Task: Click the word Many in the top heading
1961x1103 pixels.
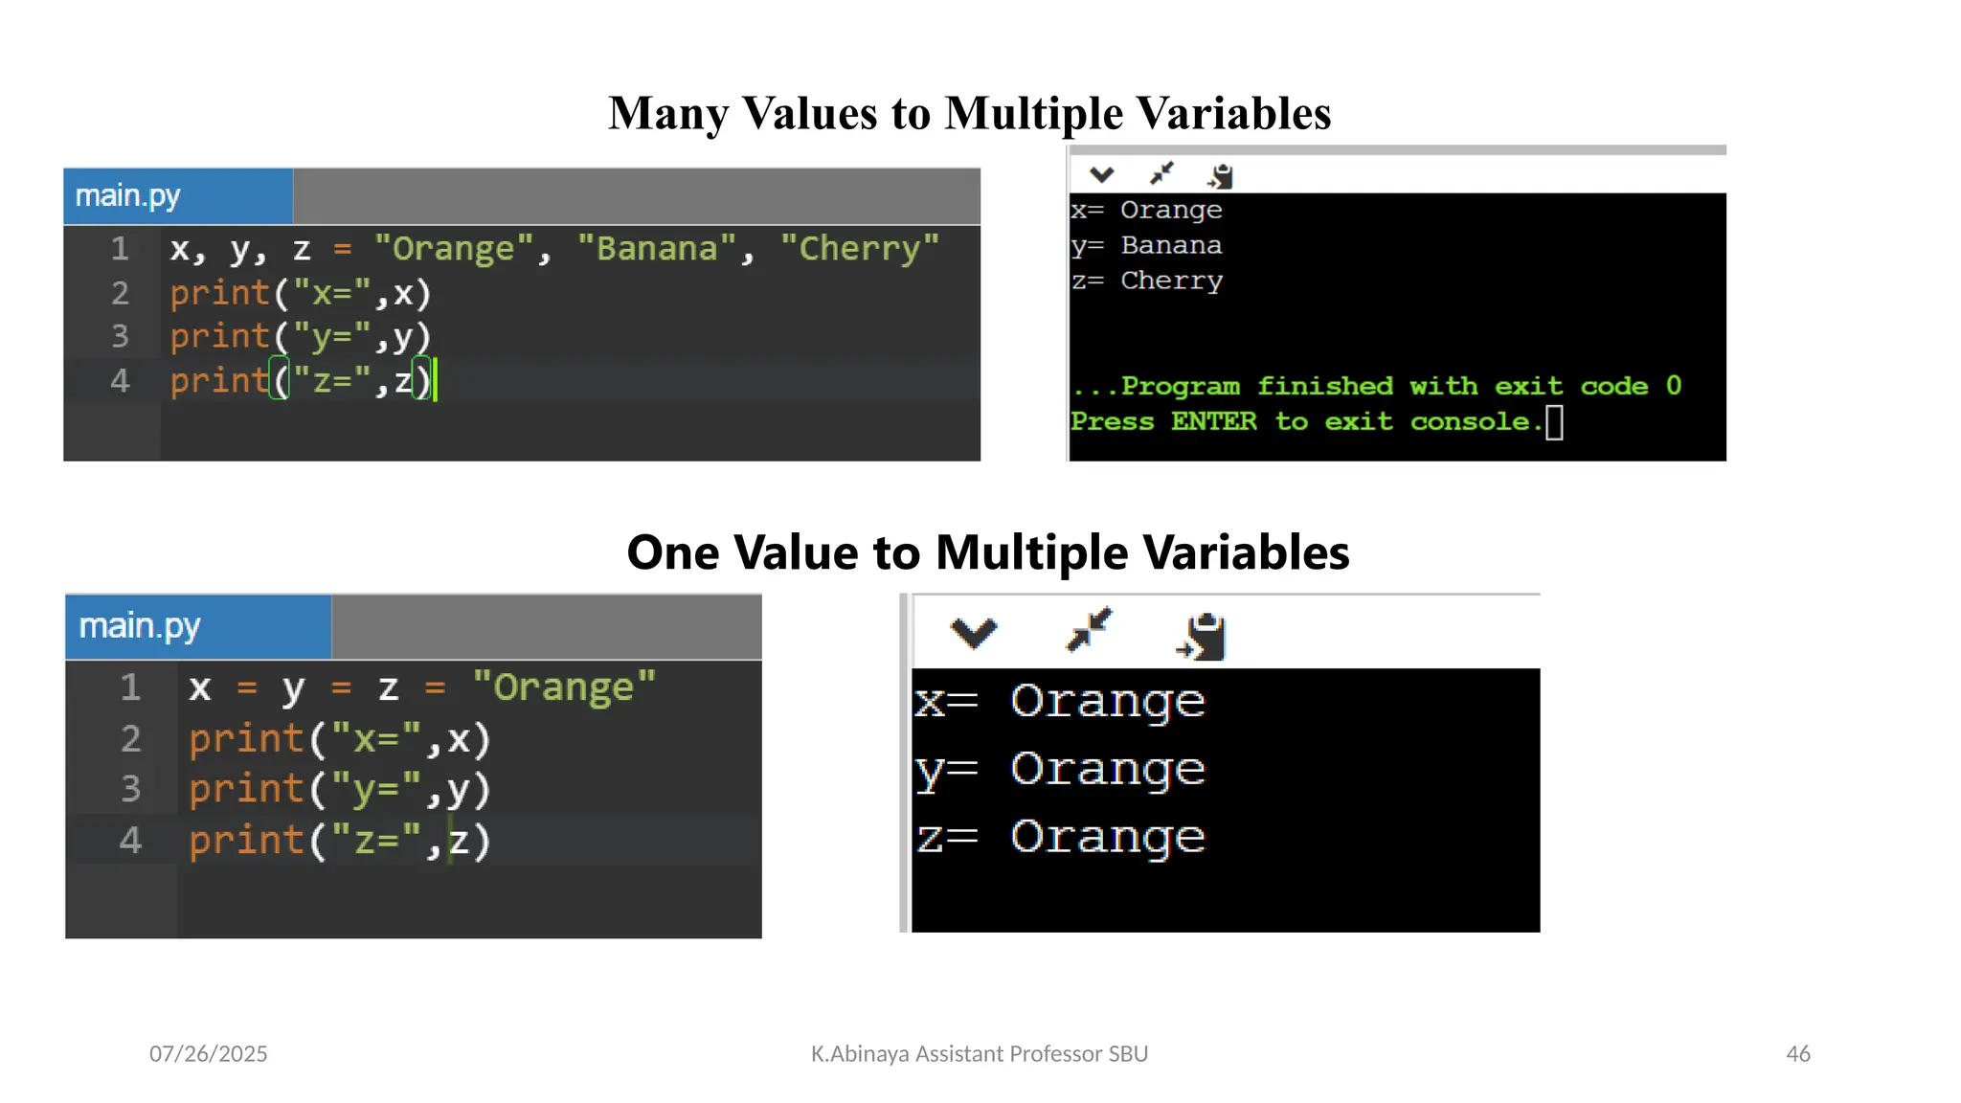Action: [x=668, y=114]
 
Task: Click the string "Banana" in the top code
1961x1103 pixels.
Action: [x=657, y=249]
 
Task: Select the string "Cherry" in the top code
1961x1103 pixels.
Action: [x=859, y=249]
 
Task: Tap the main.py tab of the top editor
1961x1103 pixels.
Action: [x=128, y=196]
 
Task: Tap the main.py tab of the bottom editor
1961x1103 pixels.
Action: [x=140, y=626]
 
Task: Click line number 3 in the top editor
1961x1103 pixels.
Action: [x=120, y=336]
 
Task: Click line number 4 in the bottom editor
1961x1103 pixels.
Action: [x=130, y=840]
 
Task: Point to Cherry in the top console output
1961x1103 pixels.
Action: [x=1171, y=281]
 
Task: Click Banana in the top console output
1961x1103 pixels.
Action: [x=1171, y=245]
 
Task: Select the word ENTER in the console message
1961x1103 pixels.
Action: [x=1213, y=421]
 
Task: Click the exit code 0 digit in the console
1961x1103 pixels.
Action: [x=1673, y=385]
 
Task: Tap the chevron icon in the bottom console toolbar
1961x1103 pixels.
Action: [x=973, y=632]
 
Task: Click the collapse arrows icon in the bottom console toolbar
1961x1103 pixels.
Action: [x=1089, y=630]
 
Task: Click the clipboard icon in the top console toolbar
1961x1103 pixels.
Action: [x=1221, y=176]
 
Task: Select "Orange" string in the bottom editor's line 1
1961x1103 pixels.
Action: [x=564, y=687]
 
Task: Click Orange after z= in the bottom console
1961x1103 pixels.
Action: [x=1107, y=837]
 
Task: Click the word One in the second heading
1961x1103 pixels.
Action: [x=671, y=553]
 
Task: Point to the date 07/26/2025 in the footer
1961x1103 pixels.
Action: [x=208, y=1053]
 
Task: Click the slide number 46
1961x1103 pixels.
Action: [x=1797, y=1053]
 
